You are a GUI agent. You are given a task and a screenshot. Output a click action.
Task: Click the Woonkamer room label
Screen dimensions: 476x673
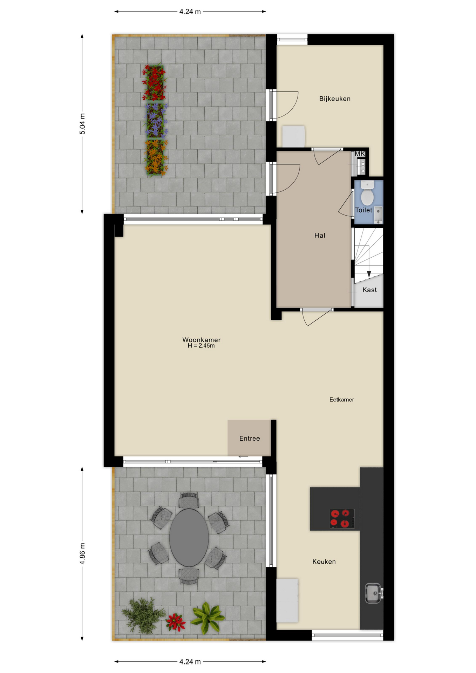[201, 340]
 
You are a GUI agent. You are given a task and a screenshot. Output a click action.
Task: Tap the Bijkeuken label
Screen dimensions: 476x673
[335, 99]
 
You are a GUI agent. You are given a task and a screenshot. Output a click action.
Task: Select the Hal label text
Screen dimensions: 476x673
[320, 236]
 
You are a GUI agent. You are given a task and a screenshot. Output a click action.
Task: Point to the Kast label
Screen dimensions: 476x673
[369, 290]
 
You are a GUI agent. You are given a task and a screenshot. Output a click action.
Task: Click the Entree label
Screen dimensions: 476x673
[250, 439]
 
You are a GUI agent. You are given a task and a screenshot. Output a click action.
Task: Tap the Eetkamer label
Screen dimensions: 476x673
[341, 400]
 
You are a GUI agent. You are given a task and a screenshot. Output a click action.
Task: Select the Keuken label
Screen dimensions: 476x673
[324, 562]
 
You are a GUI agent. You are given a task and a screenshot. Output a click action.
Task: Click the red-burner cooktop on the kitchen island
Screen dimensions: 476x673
[342, 519]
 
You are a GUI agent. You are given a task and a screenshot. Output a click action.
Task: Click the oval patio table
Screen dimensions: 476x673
[189, 538]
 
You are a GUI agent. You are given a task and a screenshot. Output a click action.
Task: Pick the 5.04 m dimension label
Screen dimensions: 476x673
[82, 124]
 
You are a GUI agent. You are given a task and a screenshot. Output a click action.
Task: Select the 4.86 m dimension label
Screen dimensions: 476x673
[82, 554]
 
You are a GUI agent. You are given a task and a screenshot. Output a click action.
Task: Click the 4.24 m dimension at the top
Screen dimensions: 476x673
[190, 12]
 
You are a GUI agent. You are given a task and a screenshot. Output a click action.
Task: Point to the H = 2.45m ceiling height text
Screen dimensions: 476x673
[201, 346]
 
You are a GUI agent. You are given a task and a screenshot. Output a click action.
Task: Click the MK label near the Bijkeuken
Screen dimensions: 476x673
[360, 154]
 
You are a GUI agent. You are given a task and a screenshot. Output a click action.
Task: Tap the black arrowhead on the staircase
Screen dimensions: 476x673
[369, 274]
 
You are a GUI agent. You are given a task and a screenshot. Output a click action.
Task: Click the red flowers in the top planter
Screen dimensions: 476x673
[154, 83]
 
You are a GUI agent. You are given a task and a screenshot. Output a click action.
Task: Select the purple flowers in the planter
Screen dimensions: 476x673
[155, 120]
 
